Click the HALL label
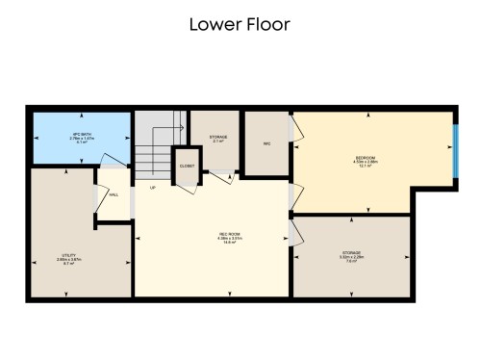point(114,194)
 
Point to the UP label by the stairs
point(152,187)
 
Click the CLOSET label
point(186,166)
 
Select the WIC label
point(266,144)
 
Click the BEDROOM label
point(366,160)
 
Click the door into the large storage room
point(296,231)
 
